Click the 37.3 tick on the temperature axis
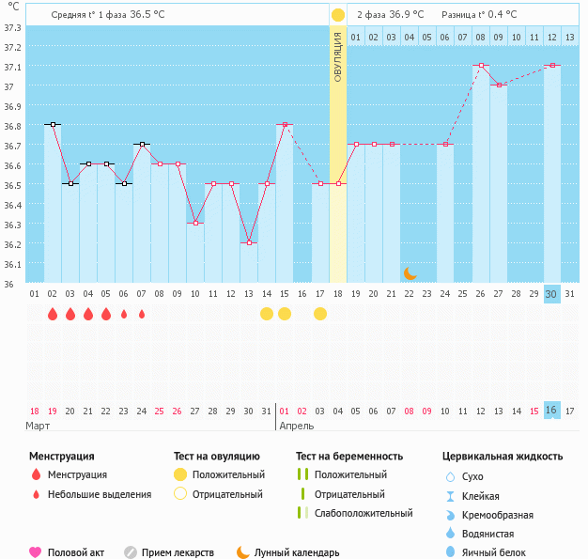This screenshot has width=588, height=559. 12,27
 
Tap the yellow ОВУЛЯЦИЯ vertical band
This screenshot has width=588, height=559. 338,150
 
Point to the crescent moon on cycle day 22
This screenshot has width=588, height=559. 410,272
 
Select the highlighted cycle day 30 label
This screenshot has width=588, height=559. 551,294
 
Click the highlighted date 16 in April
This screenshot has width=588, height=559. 551,411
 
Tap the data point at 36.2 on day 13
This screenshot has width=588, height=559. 249,242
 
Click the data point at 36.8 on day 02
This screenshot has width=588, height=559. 53,124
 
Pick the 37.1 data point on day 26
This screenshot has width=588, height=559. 481,65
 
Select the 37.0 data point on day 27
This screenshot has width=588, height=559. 499,85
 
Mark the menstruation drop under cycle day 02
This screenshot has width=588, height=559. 53,314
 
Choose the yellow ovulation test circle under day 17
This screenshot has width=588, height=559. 320,314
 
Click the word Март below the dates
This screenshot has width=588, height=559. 38,426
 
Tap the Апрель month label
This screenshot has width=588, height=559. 296,426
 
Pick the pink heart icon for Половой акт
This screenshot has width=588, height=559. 36,552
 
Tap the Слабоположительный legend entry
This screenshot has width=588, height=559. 364,513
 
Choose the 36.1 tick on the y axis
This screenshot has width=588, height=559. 12,264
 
